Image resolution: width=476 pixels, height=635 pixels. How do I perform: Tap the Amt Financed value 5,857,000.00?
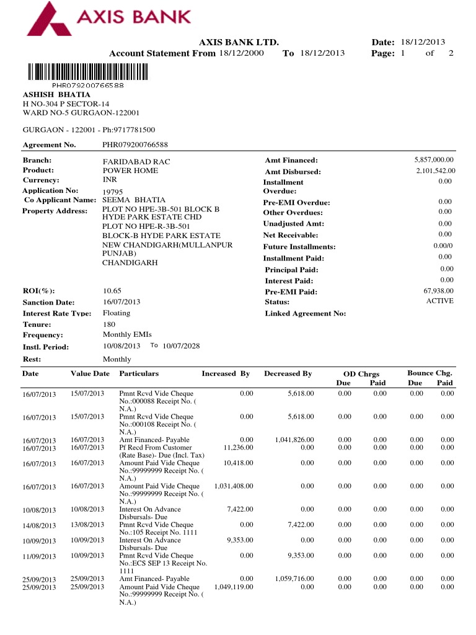tap(434, 160)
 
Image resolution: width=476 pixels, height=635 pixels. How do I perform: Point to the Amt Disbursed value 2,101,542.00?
tap(435, 171)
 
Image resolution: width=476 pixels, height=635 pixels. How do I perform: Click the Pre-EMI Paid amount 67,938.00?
tap(438, 291)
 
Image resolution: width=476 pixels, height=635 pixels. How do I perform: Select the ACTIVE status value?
tap(439, 301)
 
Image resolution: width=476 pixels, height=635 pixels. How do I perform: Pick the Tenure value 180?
tap(108, 324)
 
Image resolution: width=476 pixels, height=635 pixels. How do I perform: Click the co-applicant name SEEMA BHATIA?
tap(134, 200)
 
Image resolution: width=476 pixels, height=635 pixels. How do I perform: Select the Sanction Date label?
tap(48, 302)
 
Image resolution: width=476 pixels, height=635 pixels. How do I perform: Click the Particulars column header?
tap(139, 373)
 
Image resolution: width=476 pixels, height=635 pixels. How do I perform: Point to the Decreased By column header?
tap(288, 373)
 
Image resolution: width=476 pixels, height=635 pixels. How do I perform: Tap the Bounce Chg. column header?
tap(430, 373)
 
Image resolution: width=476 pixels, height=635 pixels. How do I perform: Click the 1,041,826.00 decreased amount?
tap(294, 440)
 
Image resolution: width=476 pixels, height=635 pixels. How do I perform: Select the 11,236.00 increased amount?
tap(238, 447)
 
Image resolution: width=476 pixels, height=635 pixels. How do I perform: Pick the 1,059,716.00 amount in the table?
tap(294, 579)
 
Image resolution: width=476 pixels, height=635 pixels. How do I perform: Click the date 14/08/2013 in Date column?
tap(39, 526)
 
